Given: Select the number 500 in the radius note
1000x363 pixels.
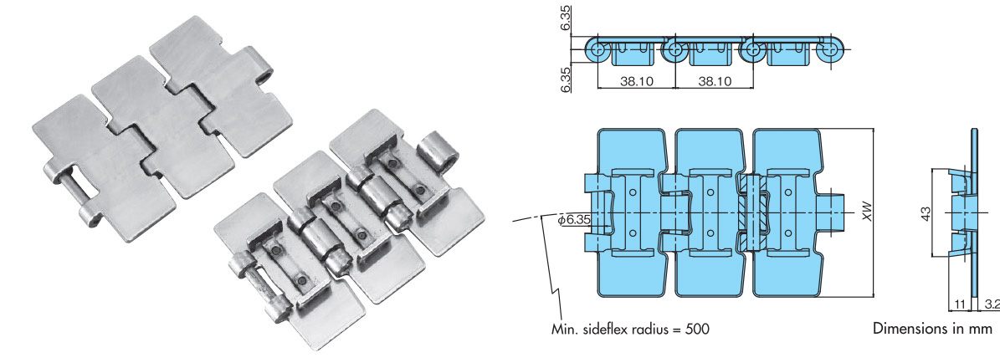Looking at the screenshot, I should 696,329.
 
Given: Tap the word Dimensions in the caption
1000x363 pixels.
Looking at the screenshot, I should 909,329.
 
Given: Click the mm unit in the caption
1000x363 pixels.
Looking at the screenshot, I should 980,329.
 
